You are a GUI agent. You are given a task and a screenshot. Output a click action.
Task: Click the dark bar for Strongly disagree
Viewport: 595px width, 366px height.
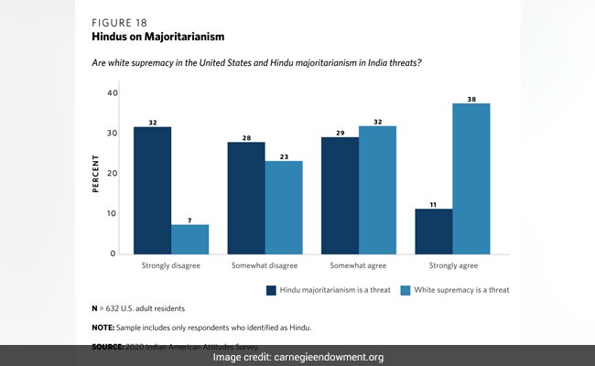pyautogui.click(x=152, y=189)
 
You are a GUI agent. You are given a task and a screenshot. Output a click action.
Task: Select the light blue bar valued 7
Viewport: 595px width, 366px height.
pyautogui.click(x=189, y=239)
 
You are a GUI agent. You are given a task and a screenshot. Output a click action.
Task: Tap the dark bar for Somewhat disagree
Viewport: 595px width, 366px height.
pyautogui.click(x=246, y=198)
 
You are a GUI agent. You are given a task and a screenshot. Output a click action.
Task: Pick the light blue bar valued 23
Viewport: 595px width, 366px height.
pyautogui.click(x=284, y=207)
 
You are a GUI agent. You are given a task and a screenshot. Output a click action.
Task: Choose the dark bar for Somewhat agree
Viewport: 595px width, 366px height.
pyautogui.click(x=340, y=195)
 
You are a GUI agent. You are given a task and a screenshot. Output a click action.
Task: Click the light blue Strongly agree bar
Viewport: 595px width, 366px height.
pyautogui.click(x=471, y=178)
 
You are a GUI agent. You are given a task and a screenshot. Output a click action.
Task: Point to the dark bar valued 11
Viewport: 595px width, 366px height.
pyautogui.click(x=434, y=231)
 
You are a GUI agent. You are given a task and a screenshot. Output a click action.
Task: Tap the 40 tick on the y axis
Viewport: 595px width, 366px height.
pyautogui.click(x=113, y=93)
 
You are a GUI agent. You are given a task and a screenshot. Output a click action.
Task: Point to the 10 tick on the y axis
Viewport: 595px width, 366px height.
pyautogui.click(x=113, y=213)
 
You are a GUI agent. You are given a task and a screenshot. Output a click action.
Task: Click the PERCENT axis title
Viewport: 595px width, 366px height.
pyautogui.click(x=94, y=173)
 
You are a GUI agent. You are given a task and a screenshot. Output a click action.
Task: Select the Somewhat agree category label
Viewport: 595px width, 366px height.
pyautogui.click(x=359, y=266)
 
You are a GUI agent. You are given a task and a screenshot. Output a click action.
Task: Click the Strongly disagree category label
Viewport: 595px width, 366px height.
pyautogui.click(x=171, y=266)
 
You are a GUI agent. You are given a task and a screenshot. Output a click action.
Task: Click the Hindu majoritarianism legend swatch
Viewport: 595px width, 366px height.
pyautogui.click(x=271, y=290)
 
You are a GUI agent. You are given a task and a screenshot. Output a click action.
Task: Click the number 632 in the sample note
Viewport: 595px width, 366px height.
pyautogui.click(x=116, y=307)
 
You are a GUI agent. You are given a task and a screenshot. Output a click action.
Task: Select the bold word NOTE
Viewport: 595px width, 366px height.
pyautogui.click(x=103, y=327)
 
